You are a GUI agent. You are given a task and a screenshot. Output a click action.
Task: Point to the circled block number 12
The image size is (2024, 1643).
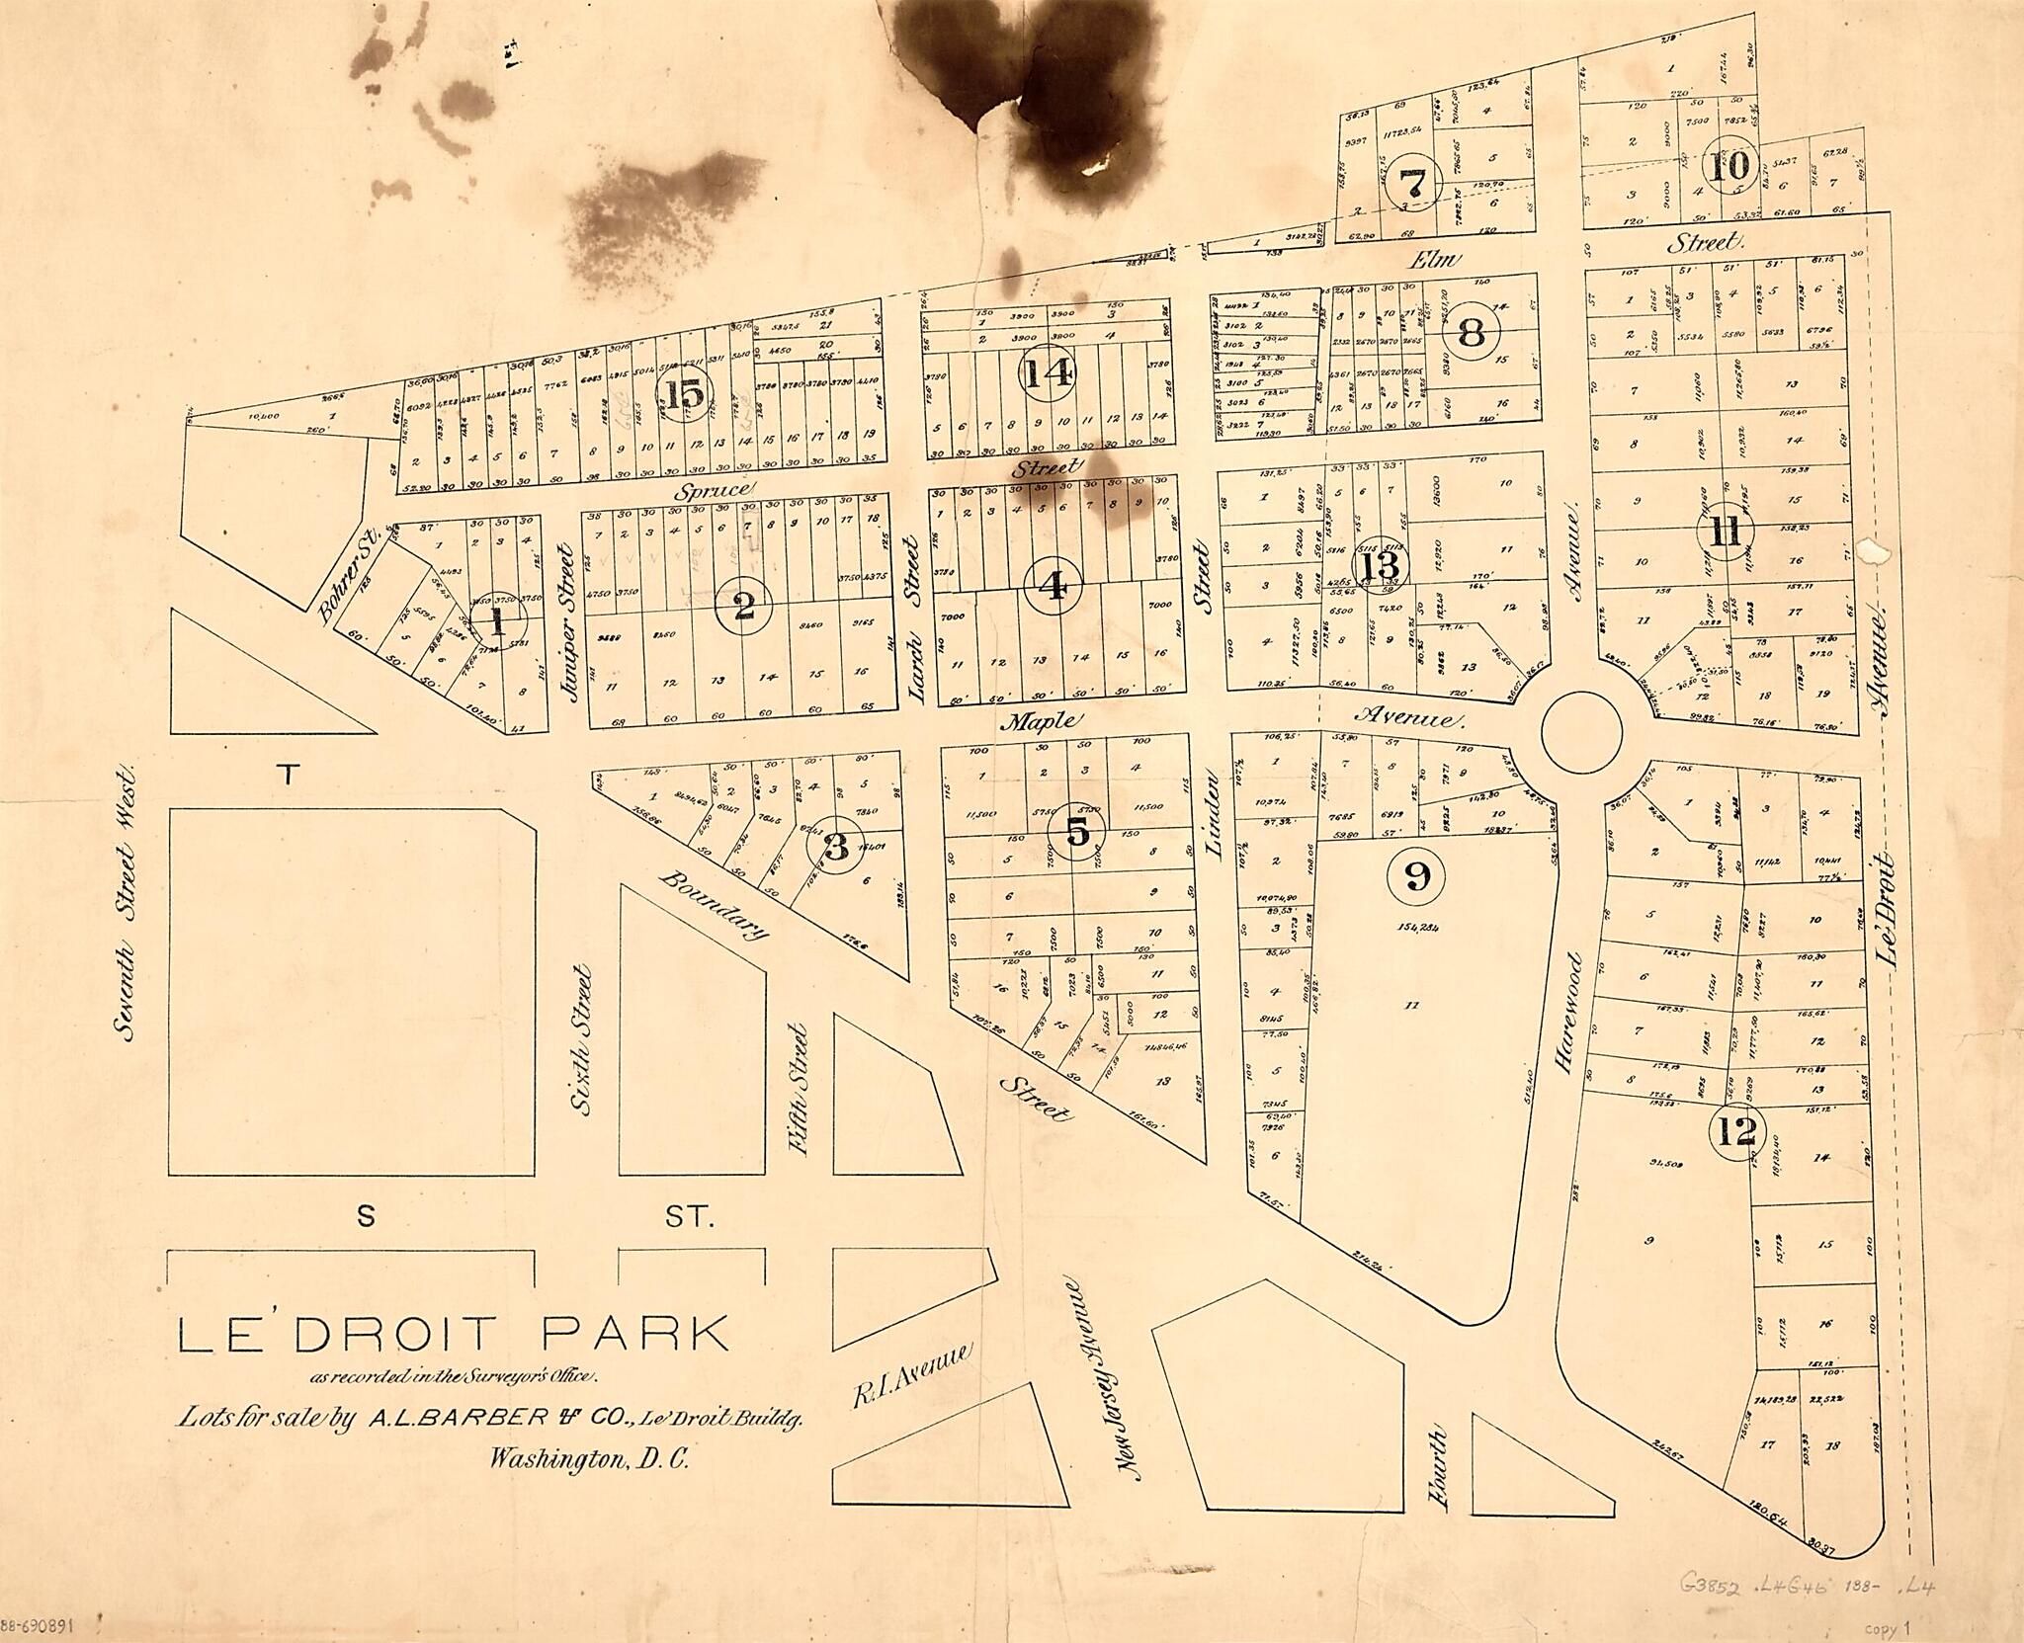tap(1736, 1132)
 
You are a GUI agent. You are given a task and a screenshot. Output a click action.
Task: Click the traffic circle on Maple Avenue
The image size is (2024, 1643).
tap(1581, 732)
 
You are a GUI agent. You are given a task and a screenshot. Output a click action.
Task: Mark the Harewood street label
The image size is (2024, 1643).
tap(1569, 1012)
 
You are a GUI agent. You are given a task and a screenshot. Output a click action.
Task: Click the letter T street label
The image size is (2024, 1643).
tap(288, 775)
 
